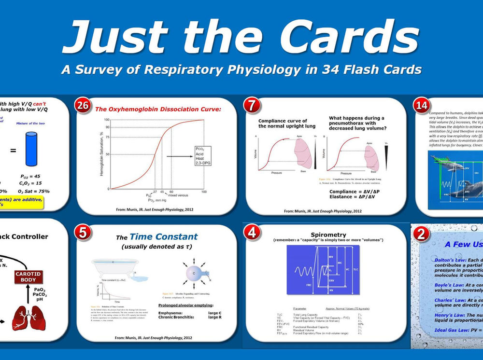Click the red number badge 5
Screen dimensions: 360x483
click(83, 232)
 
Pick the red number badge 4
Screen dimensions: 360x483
click(251, 232)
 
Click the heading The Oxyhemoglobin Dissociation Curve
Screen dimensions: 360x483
click(157, 110)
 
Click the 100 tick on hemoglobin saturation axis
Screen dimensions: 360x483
click(107, 119)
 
